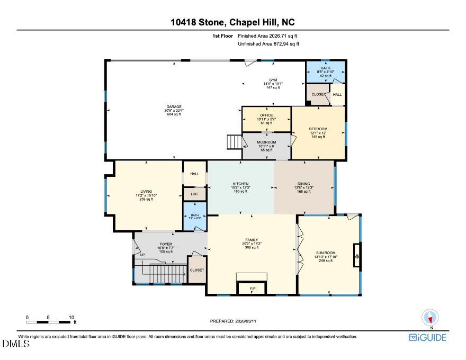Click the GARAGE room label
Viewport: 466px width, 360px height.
(174, 107)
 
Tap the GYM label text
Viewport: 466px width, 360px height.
(273, 80)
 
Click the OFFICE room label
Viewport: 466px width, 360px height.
(266, 115)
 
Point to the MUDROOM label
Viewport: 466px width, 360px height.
(266, 142)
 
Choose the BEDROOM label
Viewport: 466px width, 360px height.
(318, 129)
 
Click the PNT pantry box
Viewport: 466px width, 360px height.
(194, 194)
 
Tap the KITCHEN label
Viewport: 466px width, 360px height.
(240, 184)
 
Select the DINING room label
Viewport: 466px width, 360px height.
(303, 184)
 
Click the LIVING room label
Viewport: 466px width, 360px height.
(146, 192)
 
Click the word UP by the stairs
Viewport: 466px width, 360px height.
(142, 255)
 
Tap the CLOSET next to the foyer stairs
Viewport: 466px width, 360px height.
(196, 270)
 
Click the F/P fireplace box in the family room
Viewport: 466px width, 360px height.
(253, 289)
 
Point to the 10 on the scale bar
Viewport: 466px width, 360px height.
(71, 317)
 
